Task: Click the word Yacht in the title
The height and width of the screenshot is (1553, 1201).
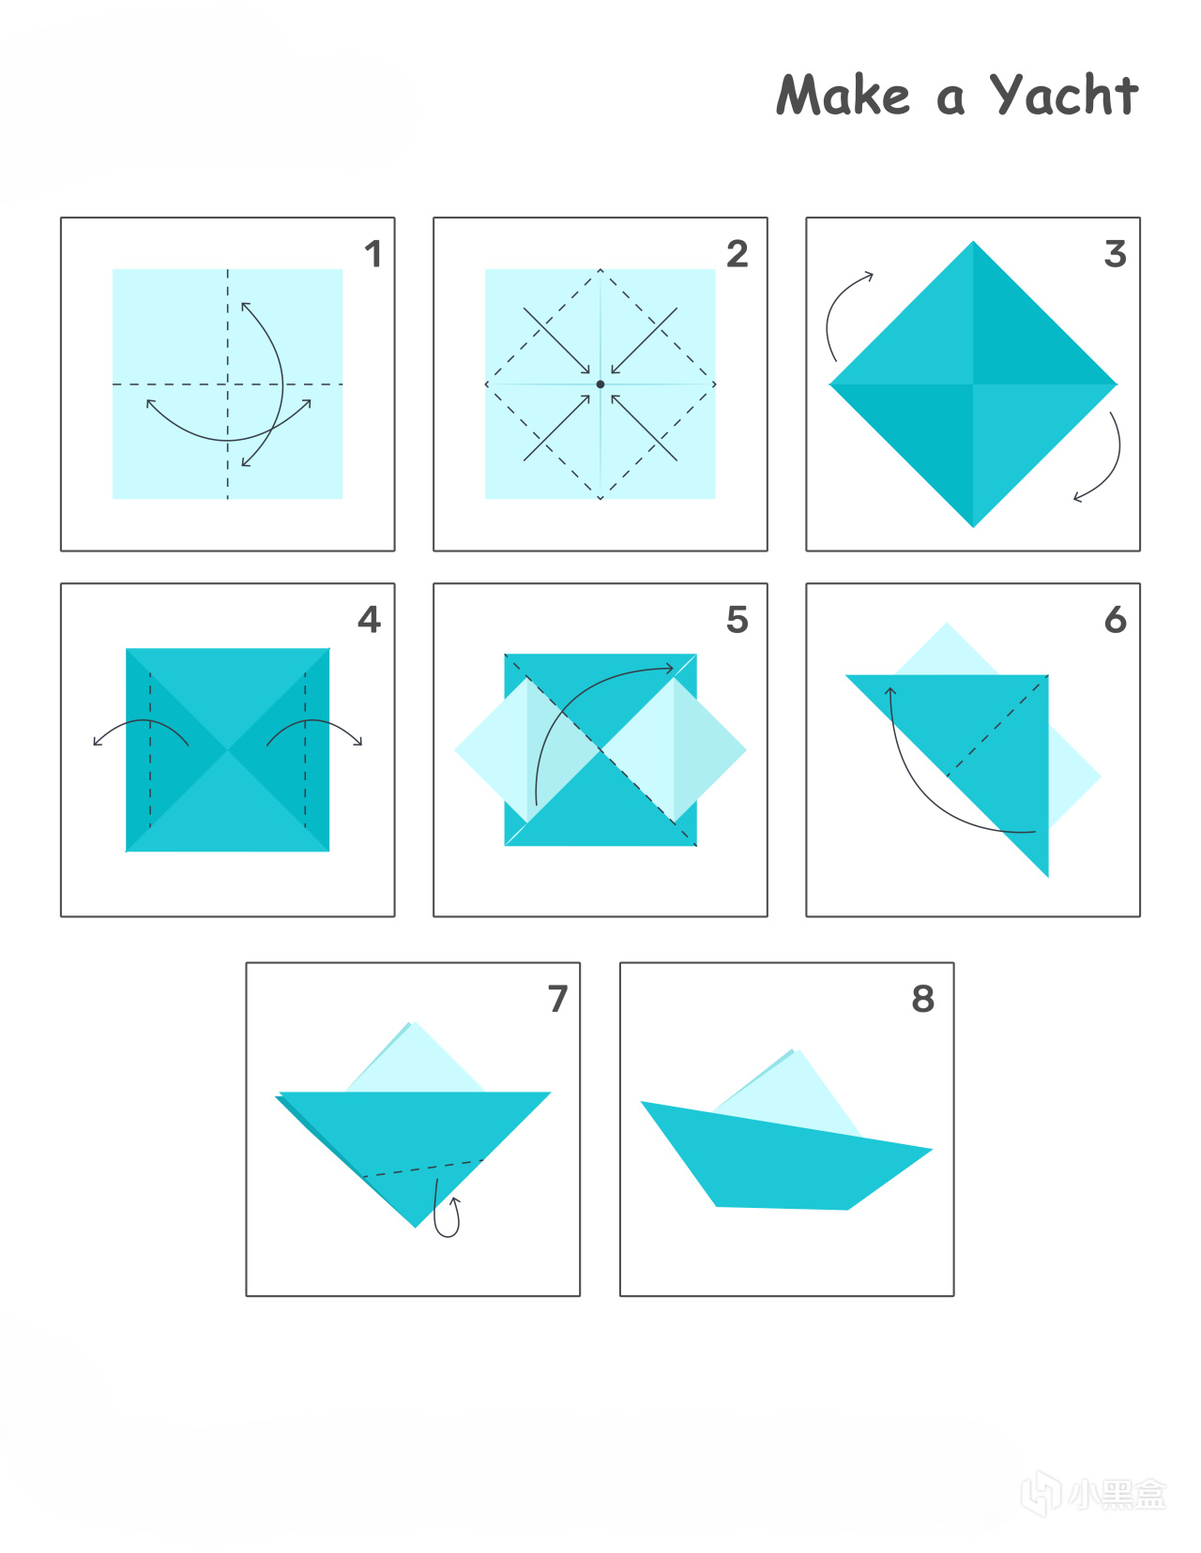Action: [x=1064, y=95]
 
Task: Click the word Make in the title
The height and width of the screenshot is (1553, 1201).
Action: [x=844, y=95]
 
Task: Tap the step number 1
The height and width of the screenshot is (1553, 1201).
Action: [x=373, y=254]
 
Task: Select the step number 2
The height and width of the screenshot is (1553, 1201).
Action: [x=737, y=254]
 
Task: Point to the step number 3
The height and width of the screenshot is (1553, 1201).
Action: [x=1116, y=254]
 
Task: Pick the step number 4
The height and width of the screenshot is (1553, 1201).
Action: [x=370, y=620]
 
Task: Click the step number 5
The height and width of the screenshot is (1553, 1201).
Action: [x=737, y=620]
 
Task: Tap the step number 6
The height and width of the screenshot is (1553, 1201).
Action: [x=1116, y=620]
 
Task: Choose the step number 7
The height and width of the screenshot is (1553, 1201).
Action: [x=558, y=999]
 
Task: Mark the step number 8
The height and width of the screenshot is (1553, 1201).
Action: [x=923, y=999]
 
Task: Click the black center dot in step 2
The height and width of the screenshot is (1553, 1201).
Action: [x=600, y=384]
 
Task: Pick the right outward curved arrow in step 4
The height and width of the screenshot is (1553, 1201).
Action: [x=314, y=721]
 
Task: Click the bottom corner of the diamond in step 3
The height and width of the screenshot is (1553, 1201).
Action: [x=973, y=527]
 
